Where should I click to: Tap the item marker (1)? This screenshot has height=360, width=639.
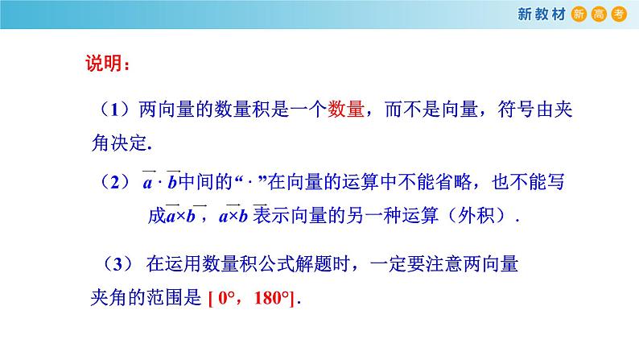(x=115, y=110)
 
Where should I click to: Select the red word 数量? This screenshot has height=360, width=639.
(x=345, y=110)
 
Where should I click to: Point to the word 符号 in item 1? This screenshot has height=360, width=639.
(x=517, y=110)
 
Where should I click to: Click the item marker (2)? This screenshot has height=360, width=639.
(x=115, y=182)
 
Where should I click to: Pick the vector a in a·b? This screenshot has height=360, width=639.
(x=148, y=180)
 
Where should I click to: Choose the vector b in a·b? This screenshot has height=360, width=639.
(x=173, y=180)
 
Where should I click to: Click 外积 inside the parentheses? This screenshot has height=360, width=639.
(x=476, y=216)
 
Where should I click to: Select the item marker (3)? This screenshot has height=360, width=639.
(x=117, y=264)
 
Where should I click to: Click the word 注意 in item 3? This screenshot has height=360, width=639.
(x=443, y=264)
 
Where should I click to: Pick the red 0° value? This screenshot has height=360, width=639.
(x=227, y=298)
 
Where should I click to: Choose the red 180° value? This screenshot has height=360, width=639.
(x=271, y=298)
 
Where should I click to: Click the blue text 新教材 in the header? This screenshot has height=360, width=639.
(x=541, y=14)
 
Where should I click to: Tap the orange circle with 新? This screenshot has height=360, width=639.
(x=579, y=14)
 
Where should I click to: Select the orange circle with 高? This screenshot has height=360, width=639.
(x=599, y=14)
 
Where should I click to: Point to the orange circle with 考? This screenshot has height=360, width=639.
(x=619, y=14)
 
